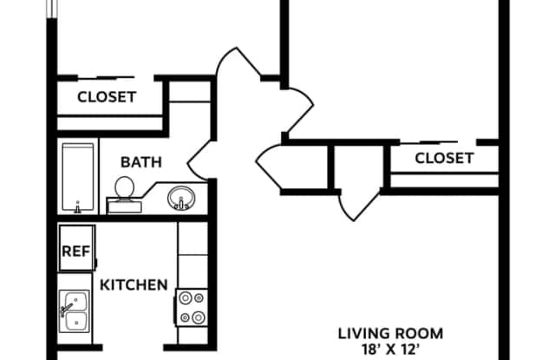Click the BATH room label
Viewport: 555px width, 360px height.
(141, 162)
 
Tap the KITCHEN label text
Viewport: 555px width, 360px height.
(134, 285)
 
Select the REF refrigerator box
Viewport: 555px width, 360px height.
(76, 248)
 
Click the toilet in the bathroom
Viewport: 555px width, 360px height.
(124, 194)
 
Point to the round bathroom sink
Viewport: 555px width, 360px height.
(181, 199)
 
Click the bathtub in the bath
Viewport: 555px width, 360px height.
(78, 177)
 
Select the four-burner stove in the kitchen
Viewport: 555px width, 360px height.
(192, 307)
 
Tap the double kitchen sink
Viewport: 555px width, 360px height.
(75, 311)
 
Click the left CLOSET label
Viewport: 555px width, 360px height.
(107, 97)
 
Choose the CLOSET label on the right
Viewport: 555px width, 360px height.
(444, 158)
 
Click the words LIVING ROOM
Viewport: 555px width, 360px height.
(390, 334)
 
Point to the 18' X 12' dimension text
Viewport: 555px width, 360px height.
(390, 350)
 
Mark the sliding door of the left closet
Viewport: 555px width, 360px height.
(106, 77)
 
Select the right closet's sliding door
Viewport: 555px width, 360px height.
(438, 142)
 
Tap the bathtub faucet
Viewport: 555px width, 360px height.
(78, 207)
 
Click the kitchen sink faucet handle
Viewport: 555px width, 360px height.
(66, 309)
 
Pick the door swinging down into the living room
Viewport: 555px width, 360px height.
(358, 206)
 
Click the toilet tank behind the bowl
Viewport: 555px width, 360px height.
(124, 206)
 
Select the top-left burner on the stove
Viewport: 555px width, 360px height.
(186, 298)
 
